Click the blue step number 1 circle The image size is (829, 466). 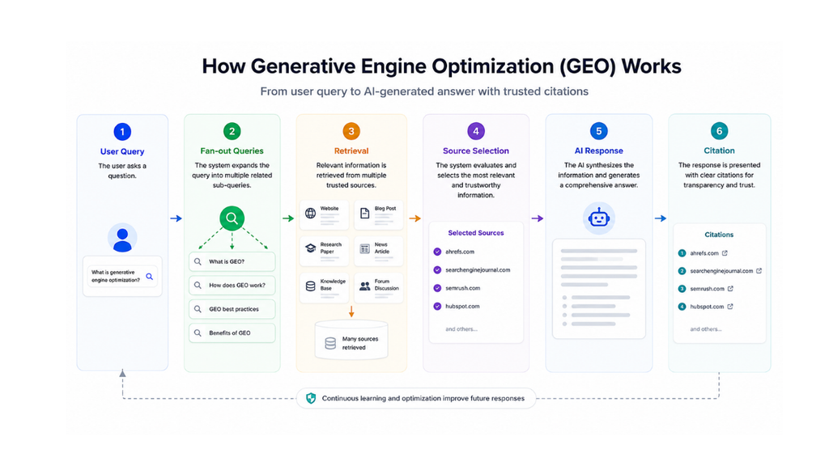pos(122,132)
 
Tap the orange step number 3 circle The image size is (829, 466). pos(351,131)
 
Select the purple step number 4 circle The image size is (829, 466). pos(476,131)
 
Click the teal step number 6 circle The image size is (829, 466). pos(719,131)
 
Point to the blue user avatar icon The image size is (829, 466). pos(122,239)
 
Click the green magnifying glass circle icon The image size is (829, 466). pos(232,218)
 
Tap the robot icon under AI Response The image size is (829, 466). pos(598,218)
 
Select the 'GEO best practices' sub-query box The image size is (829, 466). pos(232,309)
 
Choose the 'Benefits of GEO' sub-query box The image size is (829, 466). pos(232,333)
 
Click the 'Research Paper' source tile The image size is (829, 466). pos(324,248)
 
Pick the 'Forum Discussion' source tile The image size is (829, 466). pos(379,286)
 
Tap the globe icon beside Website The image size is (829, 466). pos(310,213)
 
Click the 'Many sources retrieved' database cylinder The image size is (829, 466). pos(351,341)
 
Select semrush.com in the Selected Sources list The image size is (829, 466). pos(462,288)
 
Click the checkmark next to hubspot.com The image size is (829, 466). pos(437,307)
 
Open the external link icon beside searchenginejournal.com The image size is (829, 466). pos(759,270)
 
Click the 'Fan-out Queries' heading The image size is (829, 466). pos(232,150)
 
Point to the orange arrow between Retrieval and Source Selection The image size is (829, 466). pos(415,218)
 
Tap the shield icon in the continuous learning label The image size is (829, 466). pos(311,398)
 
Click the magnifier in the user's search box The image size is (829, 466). pos(150,277)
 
